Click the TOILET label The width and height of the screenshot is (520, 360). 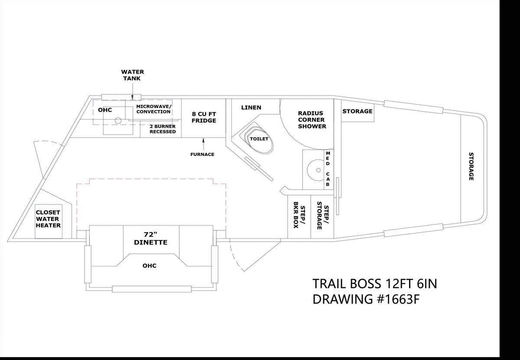point(259,139)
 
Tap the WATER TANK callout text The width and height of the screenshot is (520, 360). point(133,75)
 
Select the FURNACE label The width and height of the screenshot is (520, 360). point(202,154)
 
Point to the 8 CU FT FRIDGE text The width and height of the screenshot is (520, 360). point(204,117)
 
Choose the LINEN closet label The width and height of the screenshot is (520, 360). point(251,107)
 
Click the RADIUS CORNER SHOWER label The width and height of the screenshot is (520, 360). point(312,120)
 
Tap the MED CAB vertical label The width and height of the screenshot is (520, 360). point(328,169)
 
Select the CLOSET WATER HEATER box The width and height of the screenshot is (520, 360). point(49,221)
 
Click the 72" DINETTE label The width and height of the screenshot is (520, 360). point(151,238)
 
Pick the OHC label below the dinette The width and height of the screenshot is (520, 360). point(149,266)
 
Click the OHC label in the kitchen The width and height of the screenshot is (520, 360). point(105,110)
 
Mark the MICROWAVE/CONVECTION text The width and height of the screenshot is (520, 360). point(154,109)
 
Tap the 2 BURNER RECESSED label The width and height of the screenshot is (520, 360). point(162,129)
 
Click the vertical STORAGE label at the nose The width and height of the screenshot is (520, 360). point(471,166)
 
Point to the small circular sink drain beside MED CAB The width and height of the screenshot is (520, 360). point(318,170)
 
